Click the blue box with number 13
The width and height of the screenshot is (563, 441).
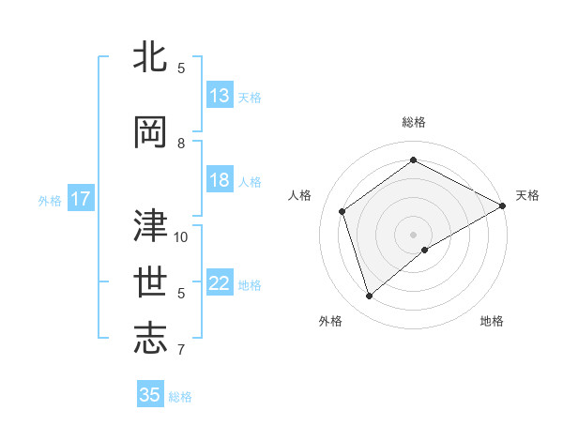tap(220, 96)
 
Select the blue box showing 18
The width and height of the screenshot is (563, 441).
tap(220, 181)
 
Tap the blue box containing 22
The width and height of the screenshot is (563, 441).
tap(220, 284)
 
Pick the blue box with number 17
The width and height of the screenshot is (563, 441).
tap(80, 199)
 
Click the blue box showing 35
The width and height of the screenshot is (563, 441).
tap(150, 395)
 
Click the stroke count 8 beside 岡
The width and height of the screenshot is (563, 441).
tap(181, 144)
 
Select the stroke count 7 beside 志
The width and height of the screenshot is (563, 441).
tap(181, 350)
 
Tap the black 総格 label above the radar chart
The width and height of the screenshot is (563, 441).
tap(414, 122)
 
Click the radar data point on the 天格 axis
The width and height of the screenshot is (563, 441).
tap(503, 205)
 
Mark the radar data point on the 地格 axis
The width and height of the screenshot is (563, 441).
tap(425, 250)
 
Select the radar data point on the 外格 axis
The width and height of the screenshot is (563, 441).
tap(370, 297)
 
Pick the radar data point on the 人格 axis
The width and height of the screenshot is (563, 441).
tap(342, 211)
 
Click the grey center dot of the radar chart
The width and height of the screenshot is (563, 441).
tap(414, 234)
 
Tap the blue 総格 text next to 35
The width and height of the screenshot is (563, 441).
tap(180, 397)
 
